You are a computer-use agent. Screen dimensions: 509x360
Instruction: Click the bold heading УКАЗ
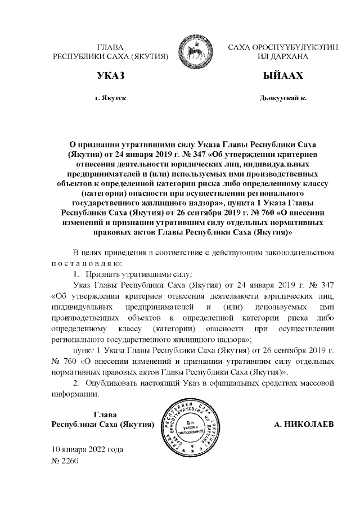click(x=110, y=75)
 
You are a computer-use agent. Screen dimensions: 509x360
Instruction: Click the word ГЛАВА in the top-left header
click(x=110, y=48)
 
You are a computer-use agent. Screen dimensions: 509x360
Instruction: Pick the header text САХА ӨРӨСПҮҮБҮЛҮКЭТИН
click(x=283, y=48)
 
